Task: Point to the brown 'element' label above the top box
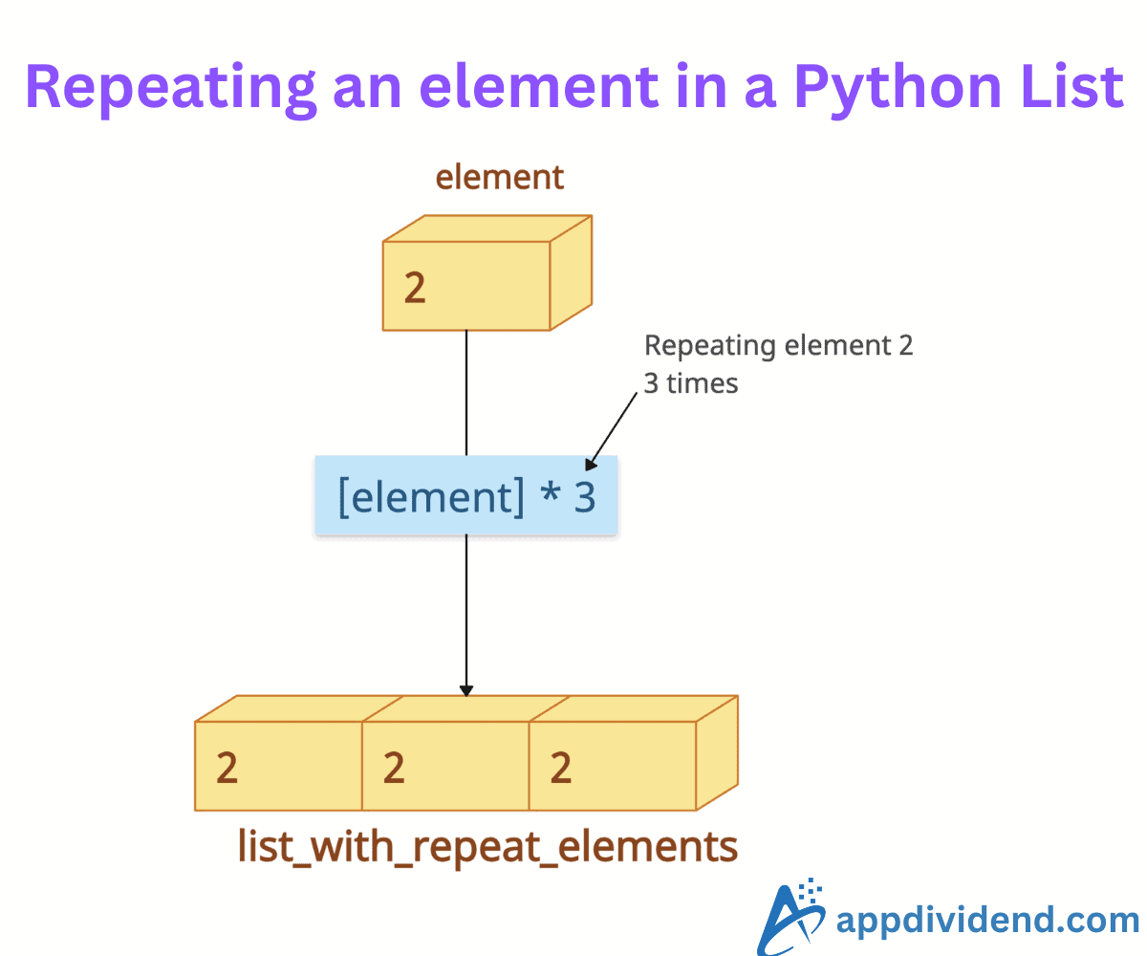[x=500, y=178]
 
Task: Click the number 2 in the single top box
[x=414, y=288]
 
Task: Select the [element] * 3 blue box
[x=466, y=495]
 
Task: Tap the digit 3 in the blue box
[x=584, y=497]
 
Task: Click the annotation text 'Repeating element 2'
[x=778, y=345]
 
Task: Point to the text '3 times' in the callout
[x=691, y=383]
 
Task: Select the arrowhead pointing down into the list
[x=466, y=688]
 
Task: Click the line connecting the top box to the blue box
[x=466, y=392]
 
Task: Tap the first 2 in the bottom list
[x=227, y=768]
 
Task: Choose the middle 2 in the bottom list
[x=394, y=768]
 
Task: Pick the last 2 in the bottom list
[x=561, y=768]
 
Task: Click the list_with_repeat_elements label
[x=487, y=847]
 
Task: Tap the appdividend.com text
[x=986, y=921]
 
